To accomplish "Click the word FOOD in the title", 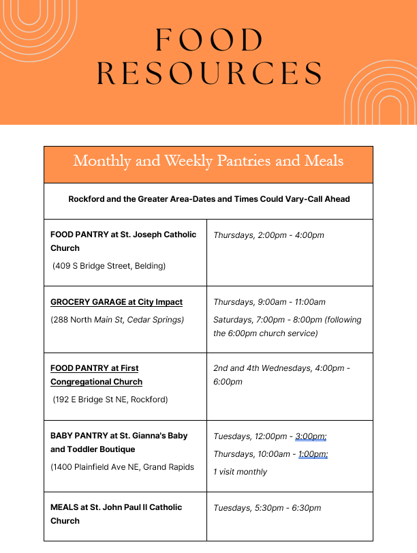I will (208, 40).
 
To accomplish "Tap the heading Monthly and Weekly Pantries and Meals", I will (208, 161).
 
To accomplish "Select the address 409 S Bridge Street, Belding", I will (109, 265).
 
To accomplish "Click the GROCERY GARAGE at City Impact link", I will (117, 302).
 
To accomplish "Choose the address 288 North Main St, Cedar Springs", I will (117, 320).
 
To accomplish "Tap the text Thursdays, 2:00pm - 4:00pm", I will (268, 235).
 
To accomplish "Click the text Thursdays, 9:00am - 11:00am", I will (269, 302).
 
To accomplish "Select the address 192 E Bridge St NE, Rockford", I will (110, 400).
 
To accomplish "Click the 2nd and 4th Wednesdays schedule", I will (281, 368).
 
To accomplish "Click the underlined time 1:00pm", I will (313, 454).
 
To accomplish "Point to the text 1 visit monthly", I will (240, 472).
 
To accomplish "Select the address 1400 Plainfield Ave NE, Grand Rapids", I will (123, 467).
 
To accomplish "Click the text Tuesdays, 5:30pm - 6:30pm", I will (267, 508).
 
